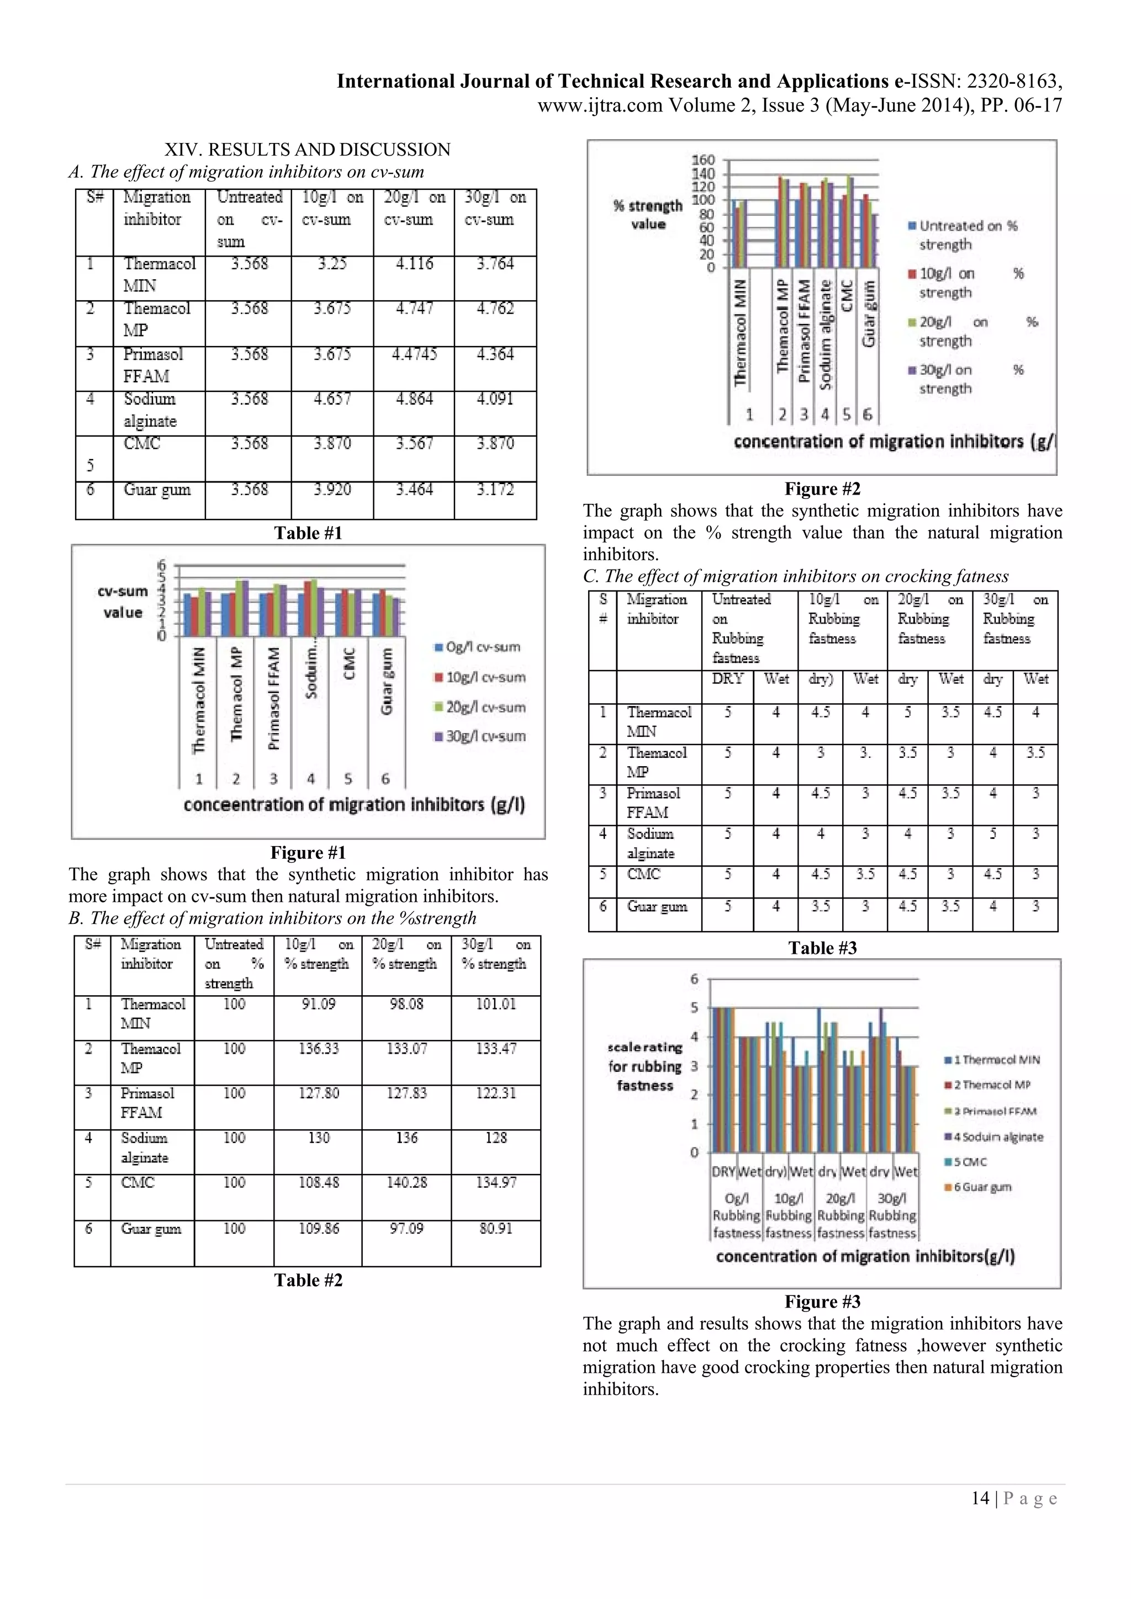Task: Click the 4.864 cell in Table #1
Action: pos(414,399)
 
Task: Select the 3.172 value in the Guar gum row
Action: pos(495,490)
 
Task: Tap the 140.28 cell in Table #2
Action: pos(406,1182)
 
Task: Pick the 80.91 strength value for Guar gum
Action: pos(495,1229)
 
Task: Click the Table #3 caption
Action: pos(822,948)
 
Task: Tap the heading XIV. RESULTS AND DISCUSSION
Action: pos(307,150)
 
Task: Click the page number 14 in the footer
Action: pos(980,1498)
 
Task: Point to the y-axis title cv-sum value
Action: pos(123,602)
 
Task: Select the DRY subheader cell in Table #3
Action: pos(727,678)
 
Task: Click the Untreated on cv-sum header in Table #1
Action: pos(249,219)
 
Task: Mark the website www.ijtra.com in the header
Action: pos(601,106)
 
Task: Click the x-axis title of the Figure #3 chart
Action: pos(865,1256)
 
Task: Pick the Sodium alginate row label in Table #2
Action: pos(144,1147)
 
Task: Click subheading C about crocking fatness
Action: pos(795,576)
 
